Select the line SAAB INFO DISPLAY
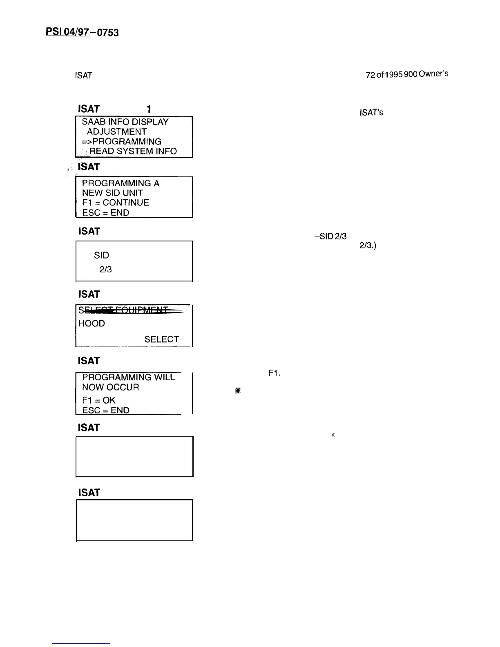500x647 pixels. tap(125, 122)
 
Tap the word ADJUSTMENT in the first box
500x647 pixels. tap(116, 132)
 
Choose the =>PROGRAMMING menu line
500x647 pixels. tap(122, 141)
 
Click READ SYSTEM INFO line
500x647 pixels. tap(133, 151)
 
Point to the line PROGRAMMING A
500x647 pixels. tap(121, 183)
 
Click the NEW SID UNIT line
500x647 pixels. tap(112, 193)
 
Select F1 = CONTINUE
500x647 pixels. tap(115, 203)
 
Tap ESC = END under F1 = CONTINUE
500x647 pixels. tap(105, 212)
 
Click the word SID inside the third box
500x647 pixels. tap(101, 255)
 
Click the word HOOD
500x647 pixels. tap(92, 323)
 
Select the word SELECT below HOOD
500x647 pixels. tap(161, 339)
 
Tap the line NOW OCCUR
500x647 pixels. tap(110, 387)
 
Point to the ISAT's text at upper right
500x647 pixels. tap(371, 112)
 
